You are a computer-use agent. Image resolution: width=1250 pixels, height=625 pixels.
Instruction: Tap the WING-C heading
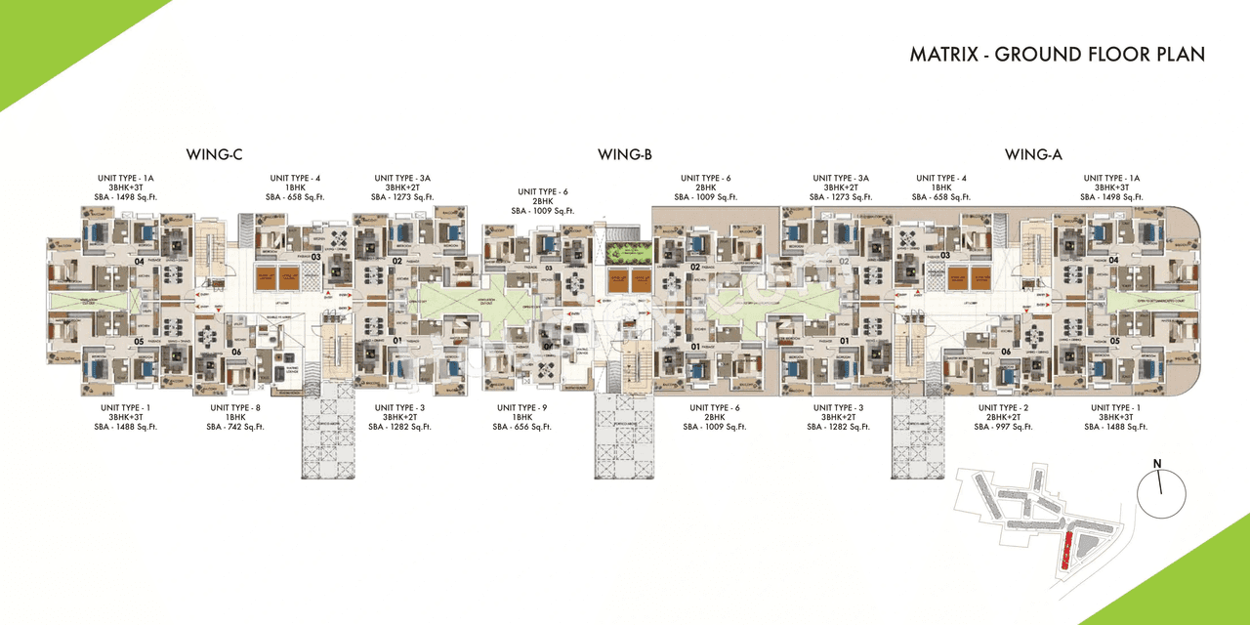[214, 154]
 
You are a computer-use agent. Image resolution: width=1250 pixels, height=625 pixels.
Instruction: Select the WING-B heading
[625, 154]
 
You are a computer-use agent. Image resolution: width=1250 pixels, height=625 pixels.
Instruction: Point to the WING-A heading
[1033, 154]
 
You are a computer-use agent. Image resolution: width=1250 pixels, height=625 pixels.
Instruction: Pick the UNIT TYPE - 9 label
[521, 407]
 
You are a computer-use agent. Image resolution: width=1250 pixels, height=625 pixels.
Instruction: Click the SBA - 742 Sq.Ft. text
[235, 427]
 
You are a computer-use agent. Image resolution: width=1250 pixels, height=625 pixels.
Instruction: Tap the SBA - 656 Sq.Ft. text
[521, 427]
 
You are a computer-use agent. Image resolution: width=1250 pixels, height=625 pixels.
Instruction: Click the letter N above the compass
[1156, 463]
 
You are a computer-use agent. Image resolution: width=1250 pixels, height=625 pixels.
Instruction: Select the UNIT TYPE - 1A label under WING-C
[126, 178]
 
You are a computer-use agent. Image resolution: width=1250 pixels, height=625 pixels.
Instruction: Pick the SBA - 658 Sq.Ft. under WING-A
[942, 197]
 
